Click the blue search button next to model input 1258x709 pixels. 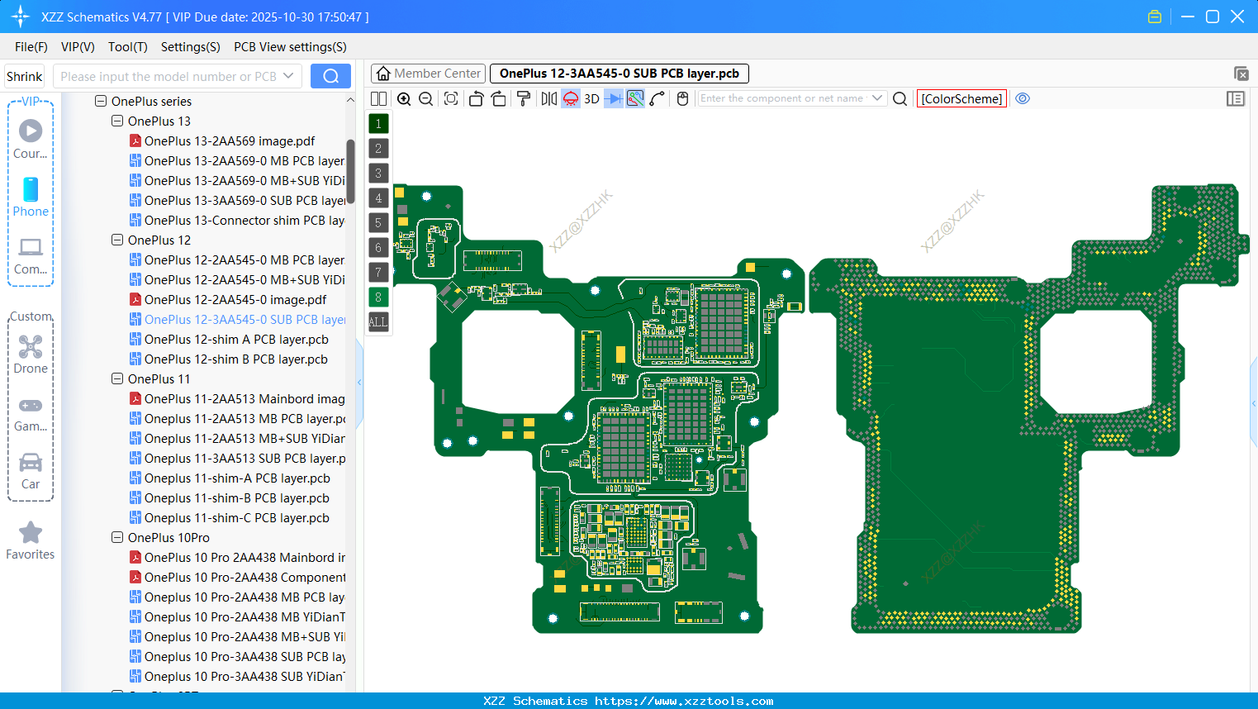point(330,76)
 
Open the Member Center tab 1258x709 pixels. point(428,74)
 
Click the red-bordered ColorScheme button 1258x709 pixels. point(961,98)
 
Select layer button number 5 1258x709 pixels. point(378,222)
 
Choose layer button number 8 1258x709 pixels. point(378,297)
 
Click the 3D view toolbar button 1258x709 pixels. point(591,98)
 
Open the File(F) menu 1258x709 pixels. point(31,47)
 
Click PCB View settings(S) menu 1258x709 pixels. point(290,47)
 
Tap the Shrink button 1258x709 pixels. point(25,76)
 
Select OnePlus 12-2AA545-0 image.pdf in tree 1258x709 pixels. point(235,300)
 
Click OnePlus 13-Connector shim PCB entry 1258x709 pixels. point(244,221)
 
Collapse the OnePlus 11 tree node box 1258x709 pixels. point(117,378)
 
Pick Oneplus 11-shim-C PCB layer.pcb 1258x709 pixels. point(236,518)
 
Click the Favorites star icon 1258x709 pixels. point(31,533)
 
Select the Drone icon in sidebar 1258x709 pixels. point(31,347)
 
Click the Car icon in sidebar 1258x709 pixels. point(31,463)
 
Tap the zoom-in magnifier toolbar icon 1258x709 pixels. point(404,98)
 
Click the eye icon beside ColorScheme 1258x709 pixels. point(1023,98)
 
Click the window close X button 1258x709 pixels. point(1237,17)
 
